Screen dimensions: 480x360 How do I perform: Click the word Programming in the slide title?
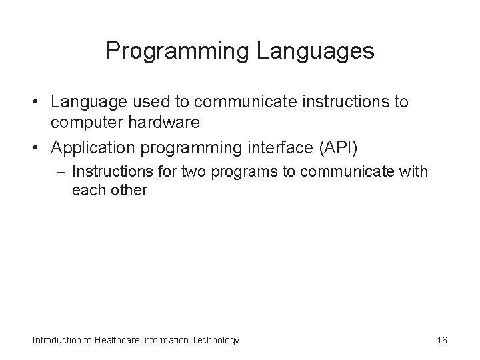pyautogui.click(x=177, y=51)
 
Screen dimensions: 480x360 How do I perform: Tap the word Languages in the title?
pyautogui.click(x=315, y=51)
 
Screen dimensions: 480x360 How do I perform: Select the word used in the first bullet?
pyautogui.click(x=151, y=101)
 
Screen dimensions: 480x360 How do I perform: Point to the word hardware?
pyautogui.click(x=164, y=122)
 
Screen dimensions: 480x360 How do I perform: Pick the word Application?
pyautogui.click(x=93, y=149)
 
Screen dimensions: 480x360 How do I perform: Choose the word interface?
pyautogui.click(x=281, y=147)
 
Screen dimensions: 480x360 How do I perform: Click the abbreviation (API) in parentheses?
pyautogui.click(x=338, y=149)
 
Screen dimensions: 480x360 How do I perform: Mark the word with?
pyautogui.click(x=413, y=171)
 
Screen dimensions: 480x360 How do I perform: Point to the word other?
pyautogui.click(x=129, y=190)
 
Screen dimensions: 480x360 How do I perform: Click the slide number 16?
pyautogui.click(x=442, y=340)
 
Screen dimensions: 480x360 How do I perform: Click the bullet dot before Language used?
pyautogui.click(x=35, y=101)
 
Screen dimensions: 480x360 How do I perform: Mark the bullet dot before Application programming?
pyautogui.click(x=35, y=148)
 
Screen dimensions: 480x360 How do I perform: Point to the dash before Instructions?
pyautogui.click(x=61, y=173)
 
